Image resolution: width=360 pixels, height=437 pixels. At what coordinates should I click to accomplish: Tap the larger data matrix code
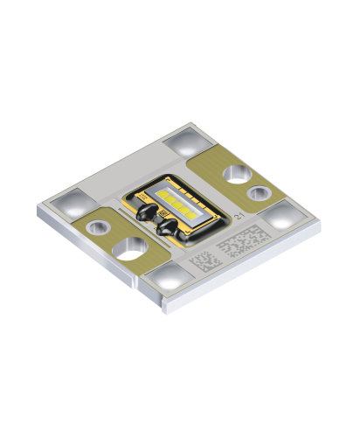coord(241,240)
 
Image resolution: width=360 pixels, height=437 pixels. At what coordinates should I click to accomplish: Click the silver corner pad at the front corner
coord(166,279)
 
